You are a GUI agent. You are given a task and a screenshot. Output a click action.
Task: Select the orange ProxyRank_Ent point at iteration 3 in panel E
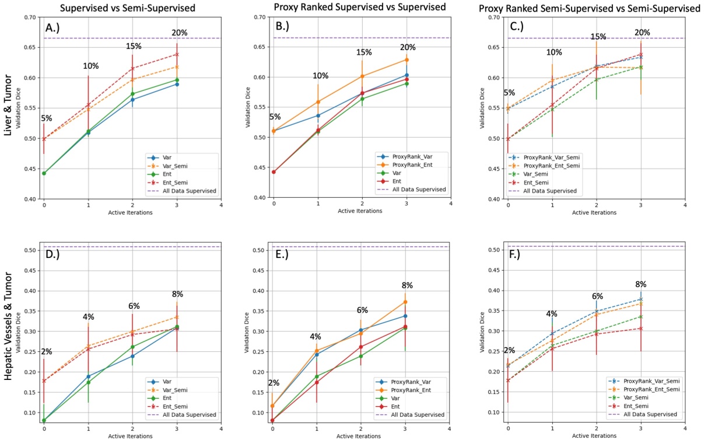[405, 302]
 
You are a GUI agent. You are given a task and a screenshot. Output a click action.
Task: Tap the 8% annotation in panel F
[640, 284]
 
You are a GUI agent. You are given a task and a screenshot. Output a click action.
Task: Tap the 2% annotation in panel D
[46, 351]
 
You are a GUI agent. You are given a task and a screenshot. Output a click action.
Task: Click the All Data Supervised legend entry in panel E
[419, 415]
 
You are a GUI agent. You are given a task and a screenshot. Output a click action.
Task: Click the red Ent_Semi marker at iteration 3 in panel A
[177, 54]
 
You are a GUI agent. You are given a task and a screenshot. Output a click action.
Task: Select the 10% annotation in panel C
[554, 53]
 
